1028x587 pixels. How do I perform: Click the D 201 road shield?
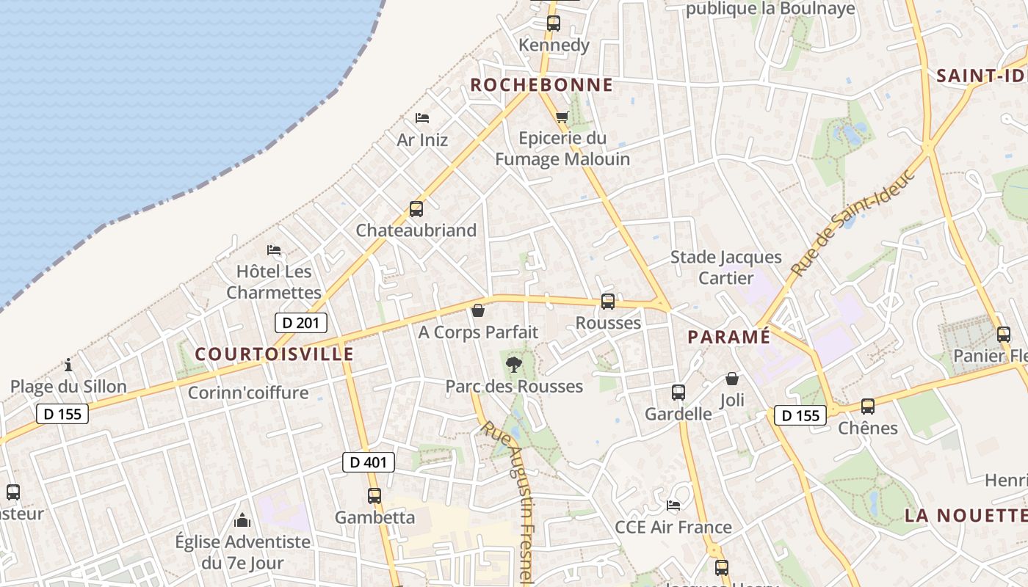pyautogui.click(x=300, y=322)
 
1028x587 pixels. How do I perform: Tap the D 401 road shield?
pyautogui.click(x=369, y=462)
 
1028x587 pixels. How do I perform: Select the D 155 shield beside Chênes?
pyautogui.click(x=800, y=415)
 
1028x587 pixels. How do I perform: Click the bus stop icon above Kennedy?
pyautogui.click(x=554, y=23)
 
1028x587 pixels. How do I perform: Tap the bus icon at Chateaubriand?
pyautogui.click(x=416, y=209)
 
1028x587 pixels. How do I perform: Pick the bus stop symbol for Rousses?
pyautogui.click(x=608, y=302)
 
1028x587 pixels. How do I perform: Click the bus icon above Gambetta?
pyautogui.click(x=374, y=496)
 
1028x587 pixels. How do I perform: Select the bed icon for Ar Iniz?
pyautogui.click(x=422, y=117)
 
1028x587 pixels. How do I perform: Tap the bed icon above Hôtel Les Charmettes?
pyautogui.click(x=274, y=250)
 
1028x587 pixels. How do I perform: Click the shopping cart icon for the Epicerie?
pyautogui.click(x=562, y=117)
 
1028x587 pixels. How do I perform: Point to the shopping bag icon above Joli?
pyautogui.click(x=732, y=379)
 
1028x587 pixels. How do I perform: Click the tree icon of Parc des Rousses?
pyautogui.click(x=514, y=364)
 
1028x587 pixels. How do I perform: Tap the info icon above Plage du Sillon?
pyautogui.click(x=68, y=364)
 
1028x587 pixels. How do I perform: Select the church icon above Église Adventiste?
pyautogui.click(x=242, y=521)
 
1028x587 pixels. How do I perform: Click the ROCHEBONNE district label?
pyautogui.click(x=541, y=85)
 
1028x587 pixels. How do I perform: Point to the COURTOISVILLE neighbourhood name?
pyautogui.click(x=275, y=354)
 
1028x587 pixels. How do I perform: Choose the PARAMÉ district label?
pyautogui.click(x=729, y=337)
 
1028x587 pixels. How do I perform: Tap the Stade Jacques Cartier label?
pyautogui.click(x=725, y=267)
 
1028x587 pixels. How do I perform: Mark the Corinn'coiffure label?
pyautogui.click(x=248, y=393)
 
